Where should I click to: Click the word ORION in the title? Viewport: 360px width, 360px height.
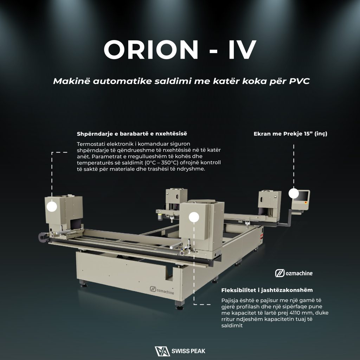coord(151,50)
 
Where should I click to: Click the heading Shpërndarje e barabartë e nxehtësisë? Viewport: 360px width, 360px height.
coord(132,134)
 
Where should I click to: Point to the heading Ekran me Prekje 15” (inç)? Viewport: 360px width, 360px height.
coord(290,134)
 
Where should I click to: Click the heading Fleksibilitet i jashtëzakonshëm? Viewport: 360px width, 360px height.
coord(267,290)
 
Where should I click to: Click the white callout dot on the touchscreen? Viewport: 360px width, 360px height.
coord(294,193)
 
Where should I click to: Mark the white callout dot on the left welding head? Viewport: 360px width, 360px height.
coord(52,206)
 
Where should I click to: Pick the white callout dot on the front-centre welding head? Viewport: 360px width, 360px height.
coord(194,217)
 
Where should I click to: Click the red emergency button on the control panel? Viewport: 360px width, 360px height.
coord(306,202)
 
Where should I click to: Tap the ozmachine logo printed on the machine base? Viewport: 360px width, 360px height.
coord(162,290)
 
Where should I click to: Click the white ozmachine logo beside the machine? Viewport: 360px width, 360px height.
coord(294,273)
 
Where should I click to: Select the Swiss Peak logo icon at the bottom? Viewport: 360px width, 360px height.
coord(162,351)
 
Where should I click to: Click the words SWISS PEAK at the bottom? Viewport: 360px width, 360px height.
coord(188,351)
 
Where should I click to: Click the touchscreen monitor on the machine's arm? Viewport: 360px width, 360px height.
coord(301,199)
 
